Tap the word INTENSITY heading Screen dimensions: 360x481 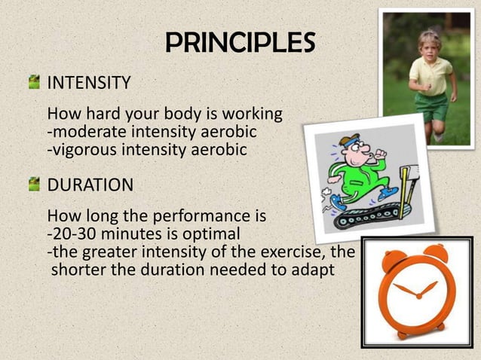point(89,82)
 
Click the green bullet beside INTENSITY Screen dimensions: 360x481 point(34,81)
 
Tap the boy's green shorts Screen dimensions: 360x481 point(432,107)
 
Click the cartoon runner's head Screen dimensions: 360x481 point(351,148)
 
